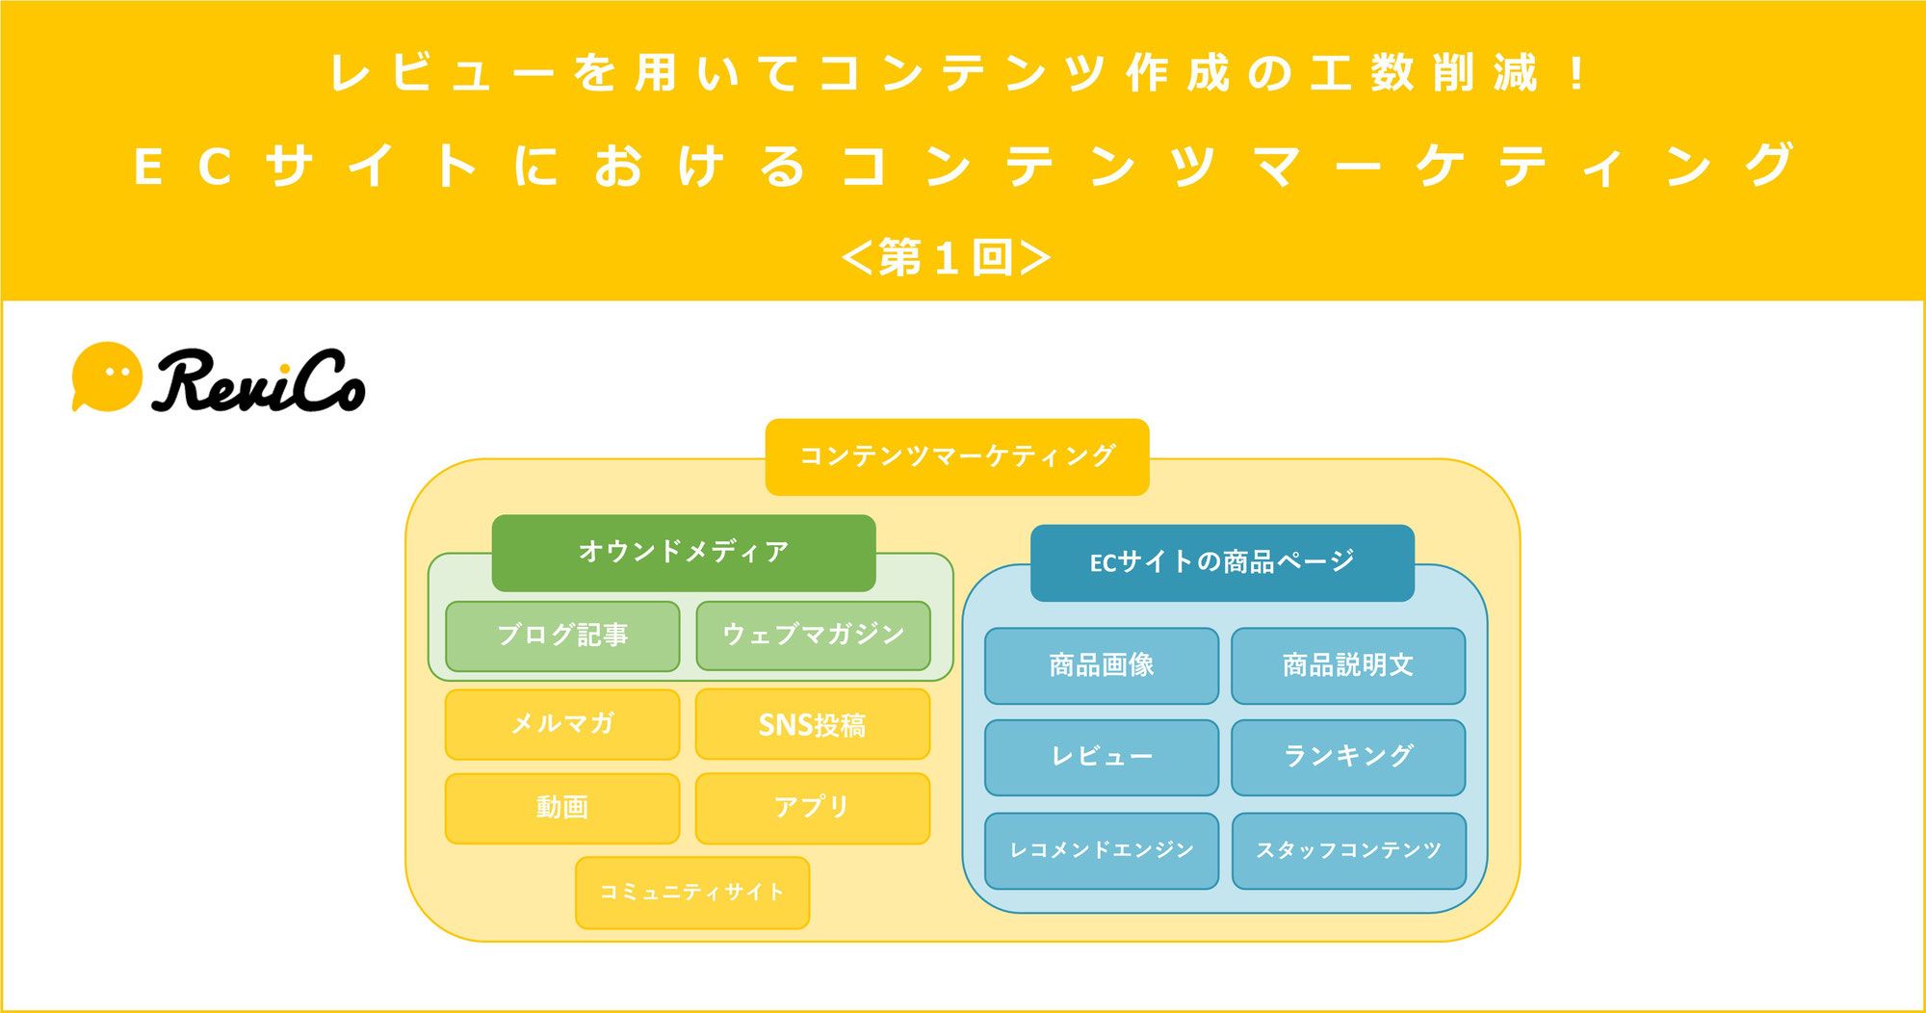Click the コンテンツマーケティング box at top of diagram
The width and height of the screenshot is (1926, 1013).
[957, 456]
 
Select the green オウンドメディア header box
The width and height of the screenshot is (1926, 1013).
[684, 552]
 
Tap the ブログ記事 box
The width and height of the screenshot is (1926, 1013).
[562, 636]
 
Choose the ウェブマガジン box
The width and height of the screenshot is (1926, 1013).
[813, 636]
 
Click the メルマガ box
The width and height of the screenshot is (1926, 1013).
[562, 724]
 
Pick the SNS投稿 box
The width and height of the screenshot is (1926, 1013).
[813, 724]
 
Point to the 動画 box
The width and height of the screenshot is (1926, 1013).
[562, 808]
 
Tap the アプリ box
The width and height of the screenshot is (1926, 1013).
[813, 808]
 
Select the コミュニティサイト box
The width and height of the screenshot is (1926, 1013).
[692, 893]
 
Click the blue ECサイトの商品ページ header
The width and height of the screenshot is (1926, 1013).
[1222, 562]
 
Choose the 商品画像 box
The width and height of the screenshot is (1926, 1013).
[1102, 665]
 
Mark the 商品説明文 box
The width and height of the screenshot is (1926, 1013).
[1348, 665]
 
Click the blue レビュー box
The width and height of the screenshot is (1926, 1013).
[1102, 757]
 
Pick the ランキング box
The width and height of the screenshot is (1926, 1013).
[1348, 757]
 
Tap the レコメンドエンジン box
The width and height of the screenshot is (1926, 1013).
[1102, 850]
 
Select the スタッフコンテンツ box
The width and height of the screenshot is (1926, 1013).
[1348, 850]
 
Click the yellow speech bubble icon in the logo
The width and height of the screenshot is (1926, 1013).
[106, 377]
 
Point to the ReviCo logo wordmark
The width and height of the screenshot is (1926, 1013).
[258, 381]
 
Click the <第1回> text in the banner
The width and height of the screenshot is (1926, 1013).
[946, 257]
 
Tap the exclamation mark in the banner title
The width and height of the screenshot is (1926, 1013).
[1576, 74]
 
